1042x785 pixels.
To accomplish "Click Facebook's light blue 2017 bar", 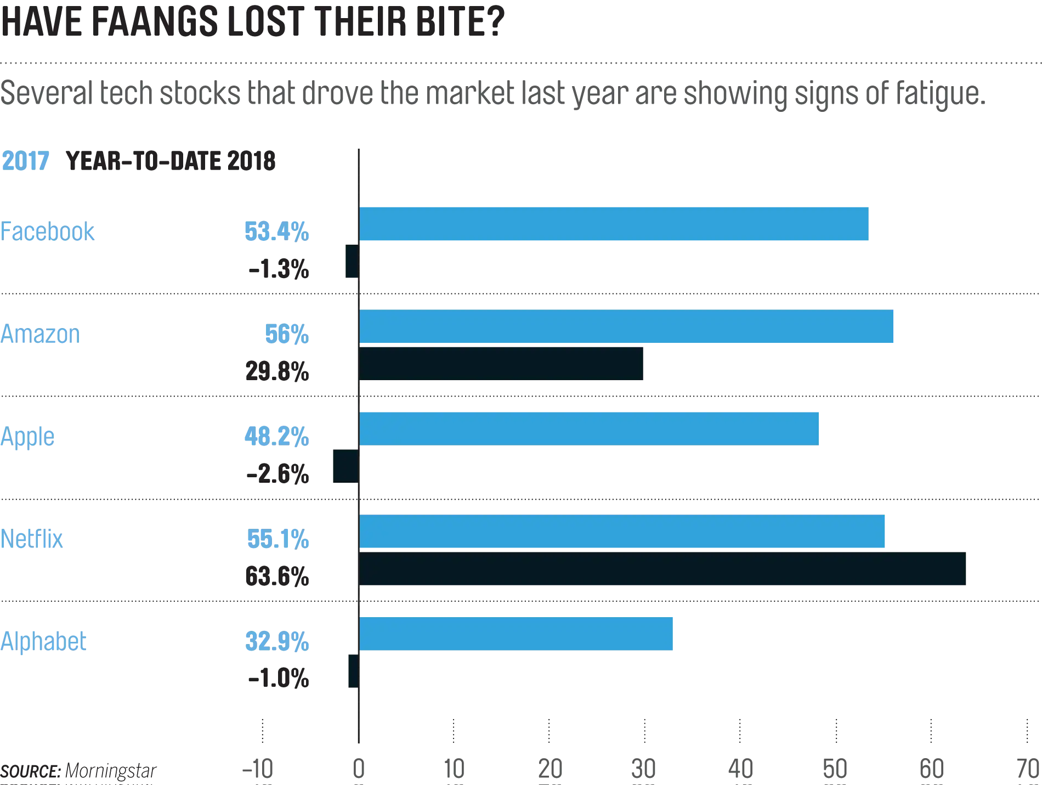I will click(x=614, y=224).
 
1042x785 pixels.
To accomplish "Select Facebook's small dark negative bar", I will click(x=351, y=262).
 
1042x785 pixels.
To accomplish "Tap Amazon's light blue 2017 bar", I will click(x=627, y=327).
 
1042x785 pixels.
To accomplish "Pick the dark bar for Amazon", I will click(x=502, y=364).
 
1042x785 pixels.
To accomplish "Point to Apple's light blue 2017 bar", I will click(x=590, y=428).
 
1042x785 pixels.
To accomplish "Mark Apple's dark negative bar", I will click(x=344, y=466).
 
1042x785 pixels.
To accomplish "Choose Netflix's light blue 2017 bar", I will click(x=622, y=531).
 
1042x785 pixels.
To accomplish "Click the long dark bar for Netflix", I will click(x=664, y=569).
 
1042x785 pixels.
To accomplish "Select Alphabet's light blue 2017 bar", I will click(x=517, y=634).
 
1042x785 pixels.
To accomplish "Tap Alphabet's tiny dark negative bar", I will click(x=353, y=671).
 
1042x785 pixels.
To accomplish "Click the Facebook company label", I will click(x=48, y=231).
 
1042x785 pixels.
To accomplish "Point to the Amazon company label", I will click(x=39, y=334).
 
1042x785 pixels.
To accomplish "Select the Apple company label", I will click(x=29, y=437).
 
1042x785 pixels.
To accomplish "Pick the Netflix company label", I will click(x=32, y=538).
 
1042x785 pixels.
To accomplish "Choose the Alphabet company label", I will click(x=43, y=641).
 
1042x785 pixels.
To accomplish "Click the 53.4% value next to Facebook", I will click(x=276, y=231).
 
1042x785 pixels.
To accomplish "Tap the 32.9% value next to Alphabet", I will click(x=278, y=642).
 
